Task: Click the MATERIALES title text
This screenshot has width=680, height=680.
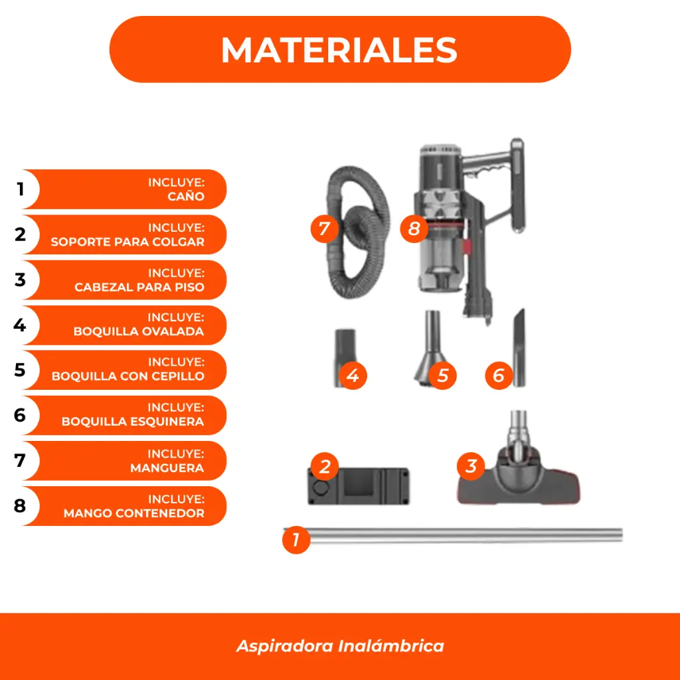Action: click(x=339, y=50)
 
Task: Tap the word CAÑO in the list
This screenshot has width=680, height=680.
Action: click(x=186, y=197)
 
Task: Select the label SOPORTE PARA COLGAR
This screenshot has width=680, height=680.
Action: click(x=127, y=242)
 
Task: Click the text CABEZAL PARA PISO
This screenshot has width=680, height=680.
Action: click(x=139, y=287)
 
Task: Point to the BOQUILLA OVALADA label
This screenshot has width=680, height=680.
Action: click(x=139, y=331)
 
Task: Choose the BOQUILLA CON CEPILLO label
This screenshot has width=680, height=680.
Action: click(x=128, y=376)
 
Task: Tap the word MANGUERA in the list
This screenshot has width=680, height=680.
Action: click(x=167, y=468)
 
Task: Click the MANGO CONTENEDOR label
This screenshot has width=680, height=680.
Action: click(x=134, y=513)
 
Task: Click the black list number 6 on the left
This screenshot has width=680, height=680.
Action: click(x=20, y=415)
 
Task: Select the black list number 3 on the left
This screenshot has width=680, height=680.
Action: click(x=20, y=280)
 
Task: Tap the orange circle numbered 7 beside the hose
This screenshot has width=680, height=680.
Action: click(x=324, y=228)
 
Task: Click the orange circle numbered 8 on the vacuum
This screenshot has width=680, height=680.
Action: click(x=414, y=228)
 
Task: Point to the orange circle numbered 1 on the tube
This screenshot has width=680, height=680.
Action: click(x=296, y=540)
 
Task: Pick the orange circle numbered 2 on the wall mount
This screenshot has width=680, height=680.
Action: click(x=325, y=467)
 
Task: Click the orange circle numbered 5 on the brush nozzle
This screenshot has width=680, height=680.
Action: click(x=442, y=376)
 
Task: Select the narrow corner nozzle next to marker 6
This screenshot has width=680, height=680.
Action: click(x=519, y=347)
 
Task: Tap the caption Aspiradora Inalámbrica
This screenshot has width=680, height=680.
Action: click(x=340, y=645)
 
